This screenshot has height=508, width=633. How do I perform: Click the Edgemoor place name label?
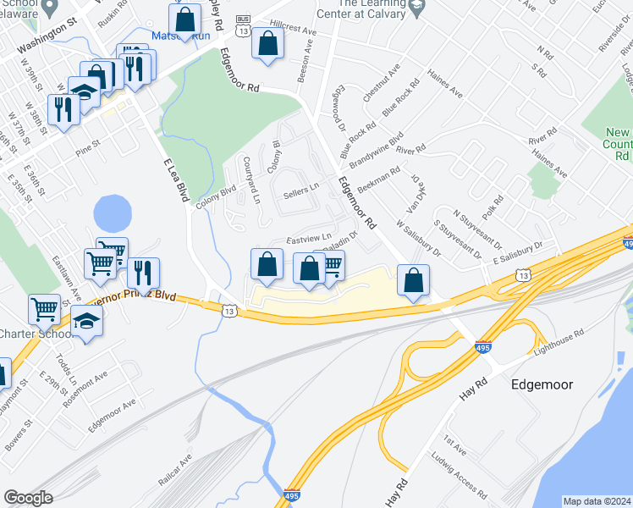(x=542, y=384)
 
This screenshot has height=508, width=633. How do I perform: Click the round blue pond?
(x=113, y=213)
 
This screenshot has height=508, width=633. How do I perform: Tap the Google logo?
(x=28, y=497)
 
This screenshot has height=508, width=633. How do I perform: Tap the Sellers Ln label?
(x=301, y=193)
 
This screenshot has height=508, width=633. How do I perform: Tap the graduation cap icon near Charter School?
(x=86, y=321)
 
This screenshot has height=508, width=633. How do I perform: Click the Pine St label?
(x=87, y=144)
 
